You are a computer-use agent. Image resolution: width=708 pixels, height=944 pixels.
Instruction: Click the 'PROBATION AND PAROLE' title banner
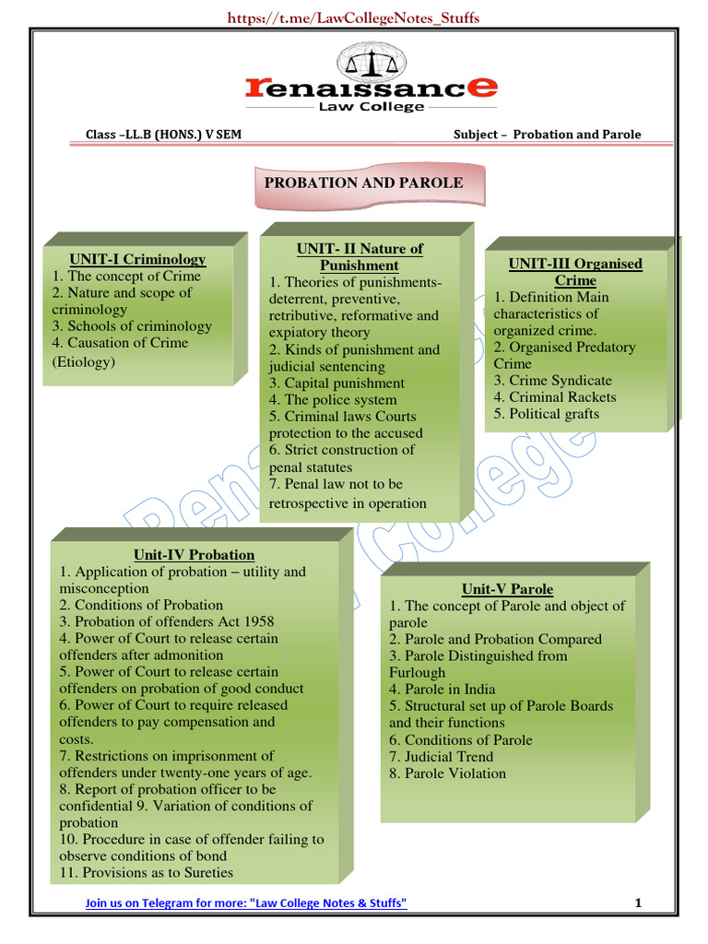coord(363,183)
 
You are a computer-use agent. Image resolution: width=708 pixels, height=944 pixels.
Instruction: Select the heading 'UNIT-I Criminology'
coord(137,259)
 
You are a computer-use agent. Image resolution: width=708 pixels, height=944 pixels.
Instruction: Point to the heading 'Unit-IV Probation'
coord(194,555)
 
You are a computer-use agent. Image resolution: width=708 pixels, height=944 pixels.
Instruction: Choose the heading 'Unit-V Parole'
coord(507,589)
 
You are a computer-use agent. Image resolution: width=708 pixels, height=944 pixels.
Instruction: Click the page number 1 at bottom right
coord(637,903)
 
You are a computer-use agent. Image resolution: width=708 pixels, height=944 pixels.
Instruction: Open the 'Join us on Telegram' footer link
coord(246,903)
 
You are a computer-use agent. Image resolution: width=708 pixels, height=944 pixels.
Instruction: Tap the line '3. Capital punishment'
coord(336,383)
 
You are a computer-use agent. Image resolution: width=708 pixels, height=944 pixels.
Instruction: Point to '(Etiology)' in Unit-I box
coord(84,361)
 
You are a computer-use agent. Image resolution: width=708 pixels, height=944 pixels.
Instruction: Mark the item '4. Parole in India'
coord(442,690)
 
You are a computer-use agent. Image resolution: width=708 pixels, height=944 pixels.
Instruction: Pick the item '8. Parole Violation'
coord(447,773)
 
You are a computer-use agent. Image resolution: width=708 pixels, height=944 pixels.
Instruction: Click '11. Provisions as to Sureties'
coord(146,873)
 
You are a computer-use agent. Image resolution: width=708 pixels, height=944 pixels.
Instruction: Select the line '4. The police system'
coord(333,400)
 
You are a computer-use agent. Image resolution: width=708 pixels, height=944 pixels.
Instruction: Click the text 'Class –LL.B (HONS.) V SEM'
coord(164,135)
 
